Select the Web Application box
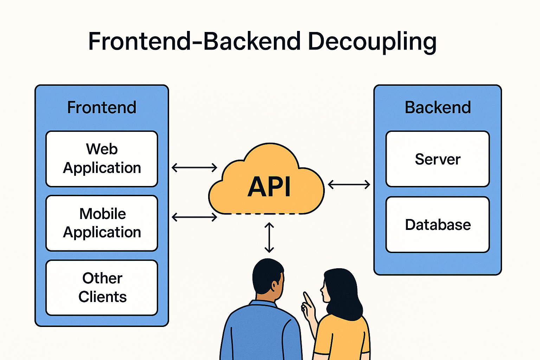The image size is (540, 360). tap(102, 159)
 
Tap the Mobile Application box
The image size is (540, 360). tap(102, 223)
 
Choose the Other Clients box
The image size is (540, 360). tap(102, 288)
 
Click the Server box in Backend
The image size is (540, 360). tap(437, 159)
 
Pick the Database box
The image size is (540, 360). tap(437, 225)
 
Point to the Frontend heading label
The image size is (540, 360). tap(102, 107)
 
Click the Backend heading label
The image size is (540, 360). tap(437, 107)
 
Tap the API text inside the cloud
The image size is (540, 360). tap(269, 187)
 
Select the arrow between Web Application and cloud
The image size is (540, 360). tap(194, 167)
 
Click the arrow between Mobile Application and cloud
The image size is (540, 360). tap(194, 217)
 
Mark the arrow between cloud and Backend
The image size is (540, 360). tap(349, 184)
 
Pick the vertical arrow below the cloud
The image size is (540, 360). tap(269, 238)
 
